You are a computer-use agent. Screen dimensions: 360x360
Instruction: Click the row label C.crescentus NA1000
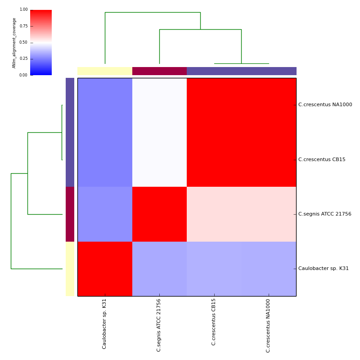coord(325,105)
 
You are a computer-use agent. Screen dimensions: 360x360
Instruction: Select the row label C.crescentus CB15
coord(322,160)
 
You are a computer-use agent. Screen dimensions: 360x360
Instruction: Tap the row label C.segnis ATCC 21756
coord(324,214)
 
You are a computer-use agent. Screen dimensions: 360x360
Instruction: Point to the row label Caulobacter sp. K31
coord(323,269)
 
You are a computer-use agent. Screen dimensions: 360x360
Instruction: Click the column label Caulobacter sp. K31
coord(105,324)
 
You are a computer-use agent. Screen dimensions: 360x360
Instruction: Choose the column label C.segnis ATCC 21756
coord(159,325)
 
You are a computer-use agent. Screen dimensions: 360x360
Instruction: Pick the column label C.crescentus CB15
coord(214,322)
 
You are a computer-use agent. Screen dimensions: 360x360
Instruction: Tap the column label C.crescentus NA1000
coord(268,325)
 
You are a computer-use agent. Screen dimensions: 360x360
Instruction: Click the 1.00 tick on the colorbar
coord(23,9)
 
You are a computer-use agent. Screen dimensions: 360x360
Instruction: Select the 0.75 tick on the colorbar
coord(23,26)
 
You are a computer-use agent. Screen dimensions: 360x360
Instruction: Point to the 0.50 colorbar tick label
coord(23,42)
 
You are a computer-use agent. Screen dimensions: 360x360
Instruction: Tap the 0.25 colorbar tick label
coord(23,58)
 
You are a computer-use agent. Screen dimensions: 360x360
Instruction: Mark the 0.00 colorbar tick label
coord(23,75)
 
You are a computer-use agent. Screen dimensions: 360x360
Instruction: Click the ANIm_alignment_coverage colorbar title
coord(14,43)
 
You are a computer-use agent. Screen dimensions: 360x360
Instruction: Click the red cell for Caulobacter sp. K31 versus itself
coord(105,269)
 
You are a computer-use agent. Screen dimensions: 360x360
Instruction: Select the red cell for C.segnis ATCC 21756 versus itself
coord(159,214)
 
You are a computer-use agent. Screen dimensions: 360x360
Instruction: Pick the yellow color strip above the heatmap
coord(105,71)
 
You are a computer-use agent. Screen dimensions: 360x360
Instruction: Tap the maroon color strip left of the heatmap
coord(70,214)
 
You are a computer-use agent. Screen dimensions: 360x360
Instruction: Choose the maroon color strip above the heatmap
coord(159,71)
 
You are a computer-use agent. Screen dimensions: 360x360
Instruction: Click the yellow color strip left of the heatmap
coord(70,269)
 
